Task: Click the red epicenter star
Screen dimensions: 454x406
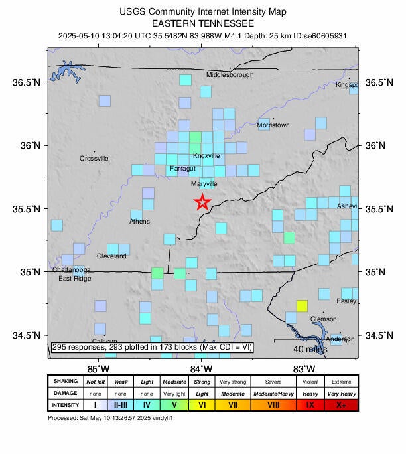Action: click(202, 202)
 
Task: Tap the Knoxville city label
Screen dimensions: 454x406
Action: click(206, 156)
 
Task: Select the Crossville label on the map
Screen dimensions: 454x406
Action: click(94, 159)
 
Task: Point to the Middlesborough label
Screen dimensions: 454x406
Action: click(230, 75)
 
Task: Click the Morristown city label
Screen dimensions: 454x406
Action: click(273, 125)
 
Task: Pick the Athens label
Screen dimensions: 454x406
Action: click(139, 222)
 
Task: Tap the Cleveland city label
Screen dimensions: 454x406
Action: click(111, 256)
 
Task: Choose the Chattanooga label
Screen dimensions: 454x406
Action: click(72, 270)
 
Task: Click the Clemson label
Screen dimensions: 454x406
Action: click(324, 319)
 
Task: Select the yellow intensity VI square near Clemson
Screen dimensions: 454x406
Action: click(302, 306)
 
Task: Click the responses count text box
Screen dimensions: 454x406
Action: click(152, 347)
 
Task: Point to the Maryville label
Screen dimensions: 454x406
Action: click(204, 184)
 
